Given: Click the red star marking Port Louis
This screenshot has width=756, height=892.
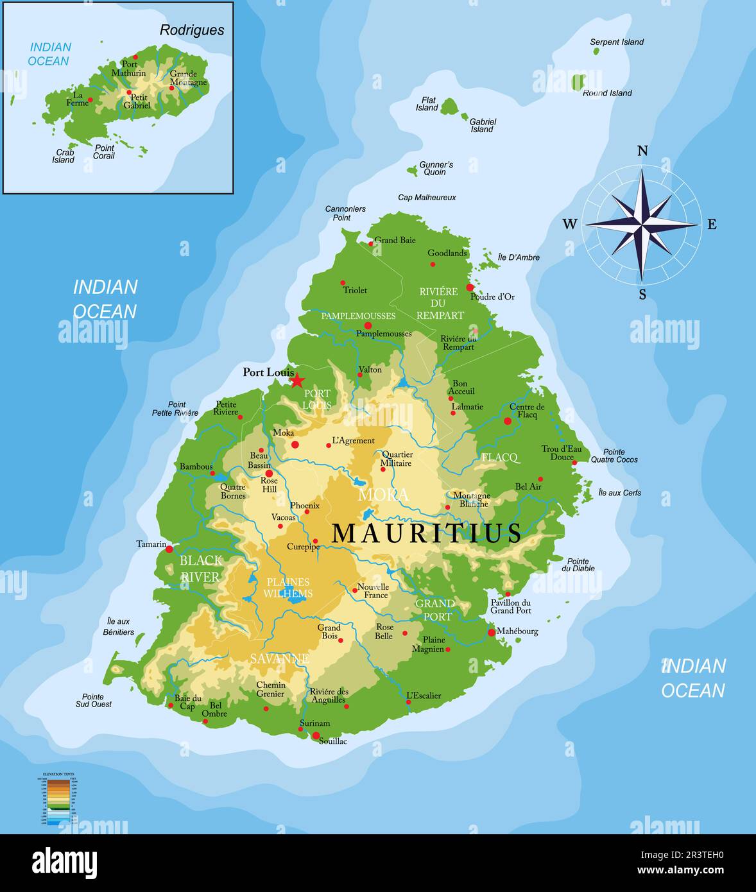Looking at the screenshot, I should (297, 380).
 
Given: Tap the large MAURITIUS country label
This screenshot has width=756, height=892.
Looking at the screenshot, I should (427, 533).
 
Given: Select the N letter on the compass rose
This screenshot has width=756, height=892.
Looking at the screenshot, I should (642, 151).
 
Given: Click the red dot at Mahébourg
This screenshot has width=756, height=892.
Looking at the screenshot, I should (492, 632).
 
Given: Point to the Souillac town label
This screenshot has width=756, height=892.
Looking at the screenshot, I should (332, 741).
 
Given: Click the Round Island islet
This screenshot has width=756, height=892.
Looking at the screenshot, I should (578, 82).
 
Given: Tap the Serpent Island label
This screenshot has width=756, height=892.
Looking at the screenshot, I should (616, 42).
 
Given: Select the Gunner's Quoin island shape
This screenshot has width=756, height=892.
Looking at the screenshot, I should (411, 171).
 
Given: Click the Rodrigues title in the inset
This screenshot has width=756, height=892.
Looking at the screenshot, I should (192, 30).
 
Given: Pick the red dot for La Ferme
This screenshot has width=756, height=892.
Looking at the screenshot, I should (90, 99).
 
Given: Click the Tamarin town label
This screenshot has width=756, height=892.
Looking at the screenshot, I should (151, 544).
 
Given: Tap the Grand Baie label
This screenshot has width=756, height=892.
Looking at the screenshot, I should (395, 240).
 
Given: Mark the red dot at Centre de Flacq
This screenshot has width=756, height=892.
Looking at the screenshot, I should (508, 421).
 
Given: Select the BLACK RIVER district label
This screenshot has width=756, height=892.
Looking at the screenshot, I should (200, 569).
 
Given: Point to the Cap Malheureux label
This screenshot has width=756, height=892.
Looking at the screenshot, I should (427, 198).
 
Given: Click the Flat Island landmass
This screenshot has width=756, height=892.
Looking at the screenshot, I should (449, 106).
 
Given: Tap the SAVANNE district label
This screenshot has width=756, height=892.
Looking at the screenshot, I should (279, 658).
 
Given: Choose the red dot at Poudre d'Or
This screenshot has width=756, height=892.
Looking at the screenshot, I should (470, 287).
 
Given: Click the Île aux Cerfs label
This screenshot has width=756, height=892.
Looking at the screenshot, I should (619, 493).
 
